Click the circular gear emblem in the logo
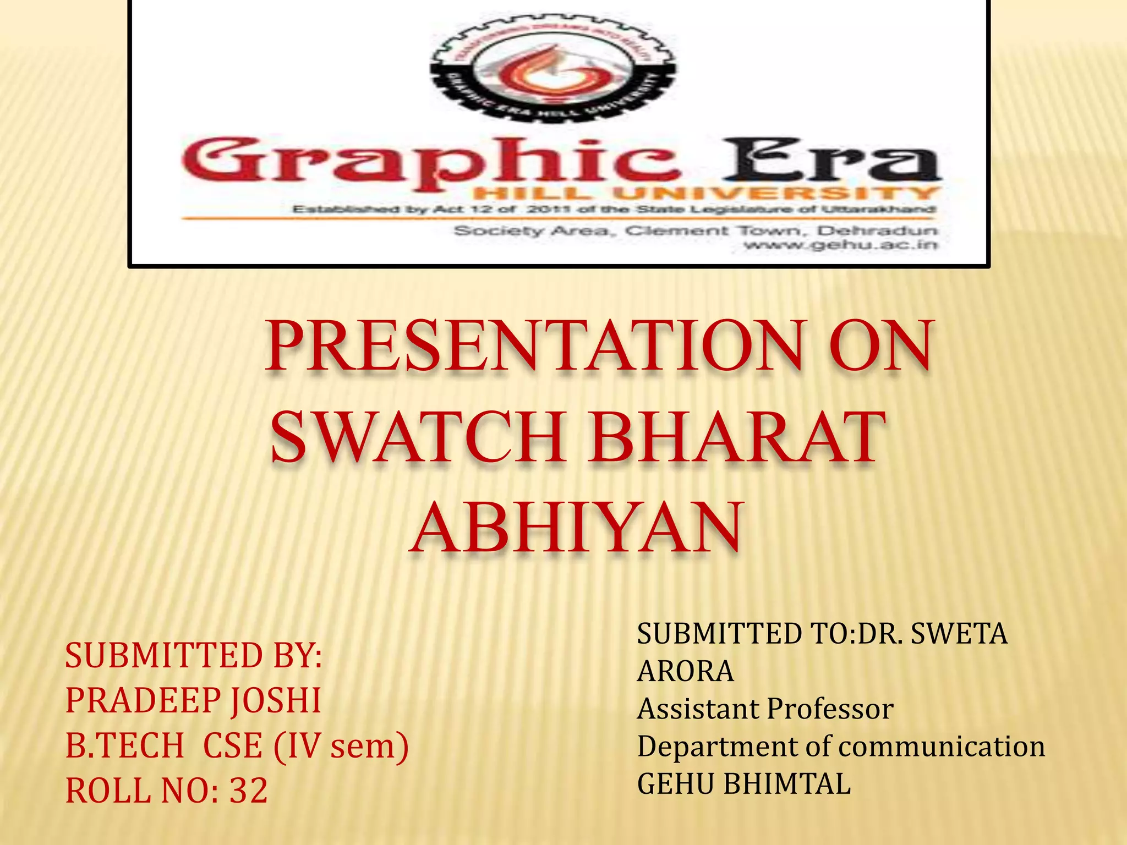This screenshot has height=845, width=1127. tap(552, 69)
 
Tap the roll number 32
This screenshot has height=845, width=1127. tap(248, 791)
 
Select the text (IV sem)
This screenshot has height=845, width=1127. tap(341, 746)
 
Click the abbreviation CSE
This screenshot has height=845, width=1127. tap(232, 746)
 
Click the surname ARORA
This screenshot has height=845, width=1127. tap(685, 671)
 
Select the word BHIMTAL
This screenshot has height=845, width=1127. tap(787, 784)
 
